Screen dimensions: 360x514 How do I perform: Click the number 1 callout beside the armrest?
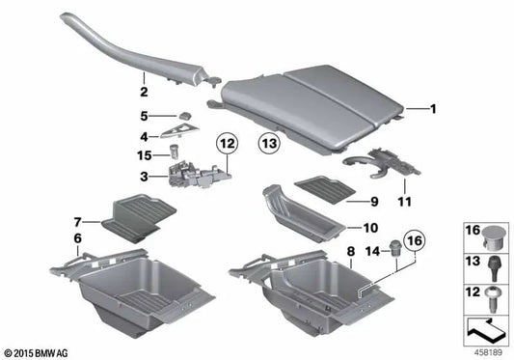click(433, 109)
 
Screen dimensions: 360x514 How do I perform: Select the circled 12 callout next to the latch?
click(226, 145)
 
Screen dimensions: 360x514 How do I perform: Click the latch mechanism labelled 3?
click(198, 175)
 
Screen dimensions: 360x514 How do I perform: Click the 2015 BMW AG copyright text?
click(39, 351)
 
